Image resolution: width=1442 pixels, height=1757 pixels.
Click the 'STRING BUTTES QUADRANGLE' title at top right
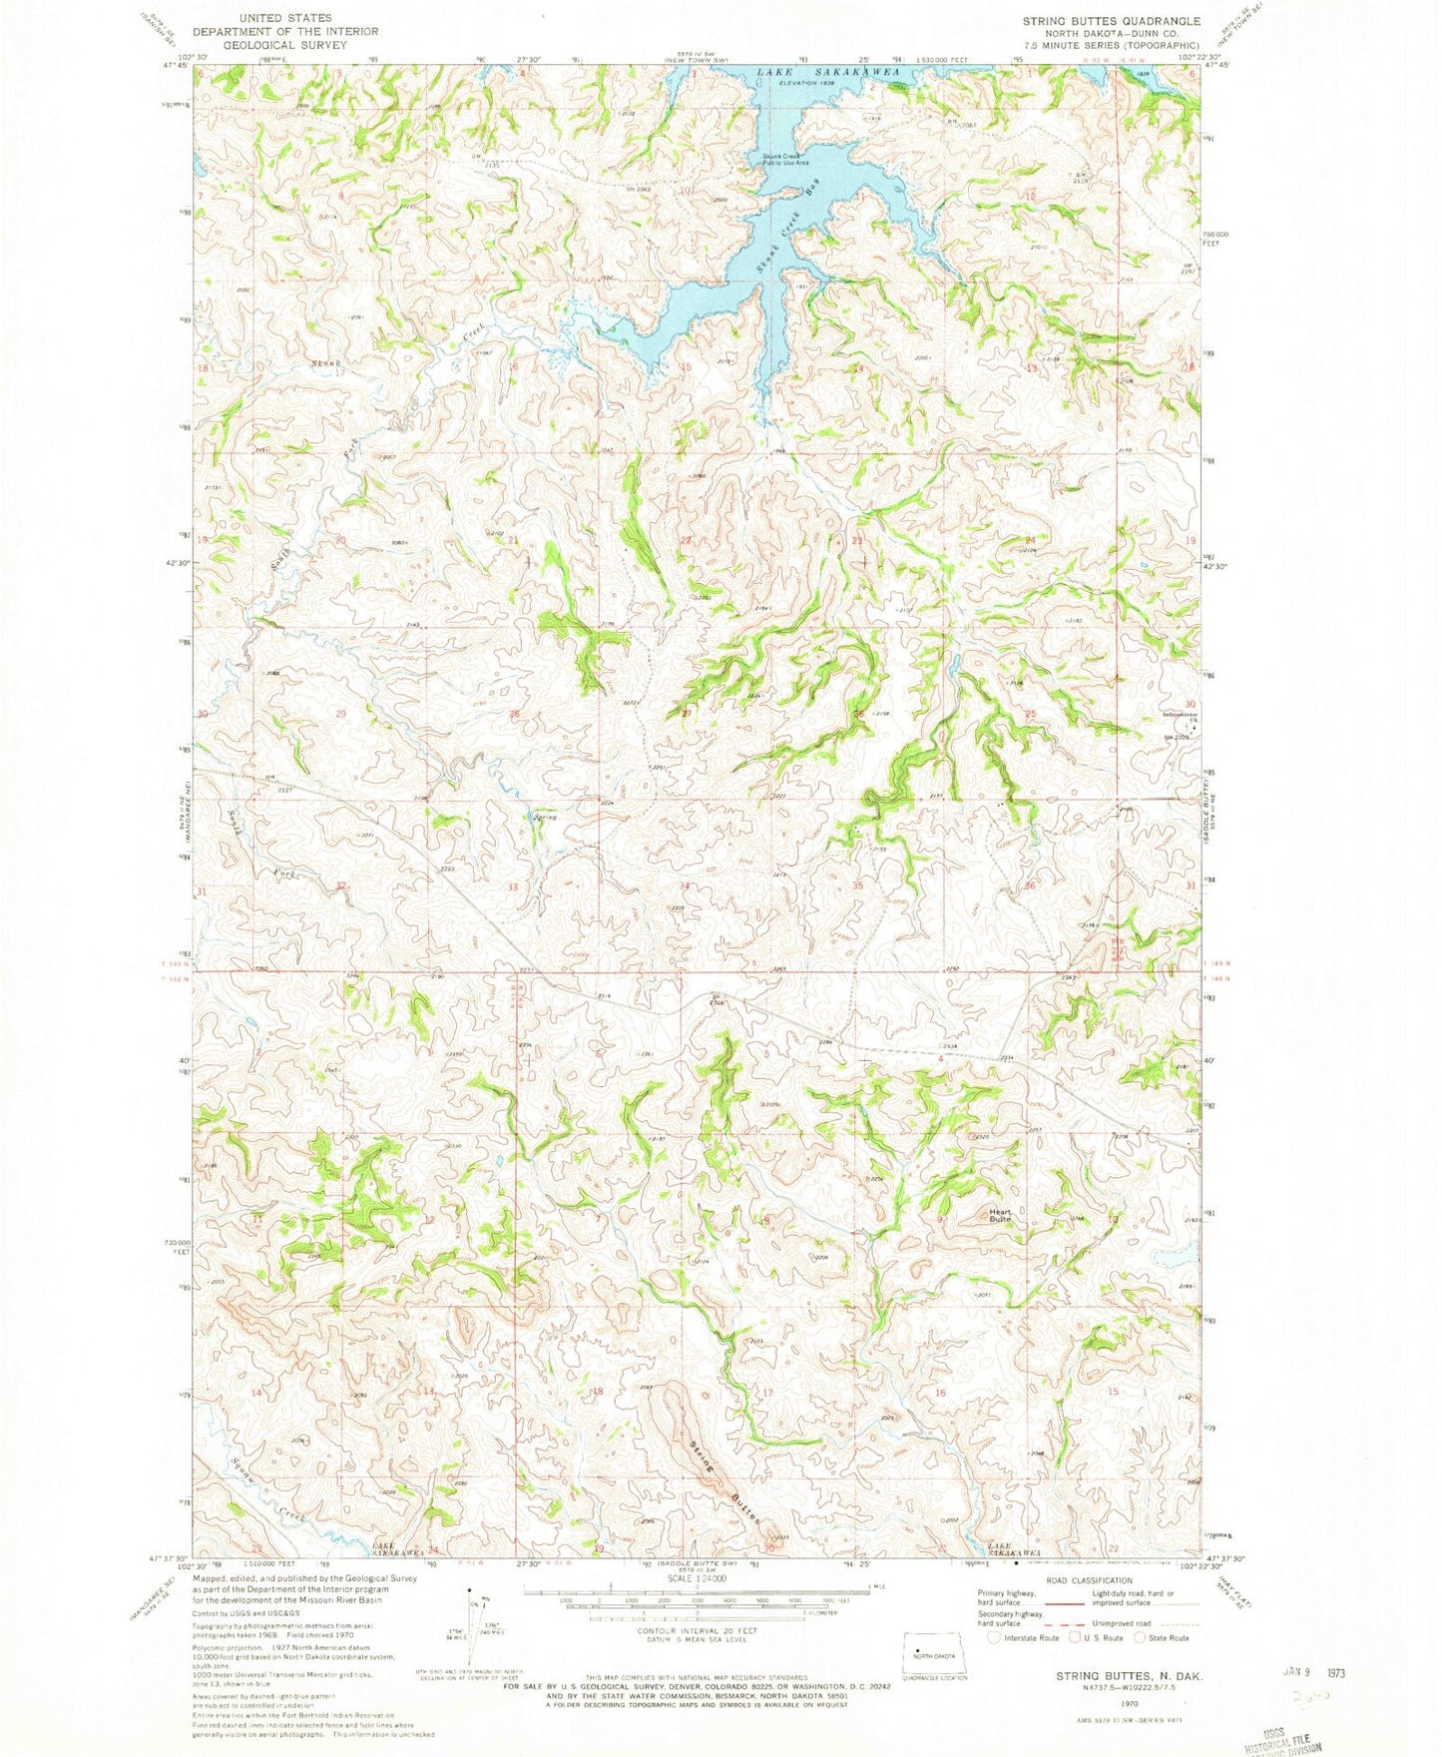click(x=1111, y=21)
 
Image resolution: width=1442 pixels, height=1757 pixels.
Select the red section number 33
click(x=513, y=887)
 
